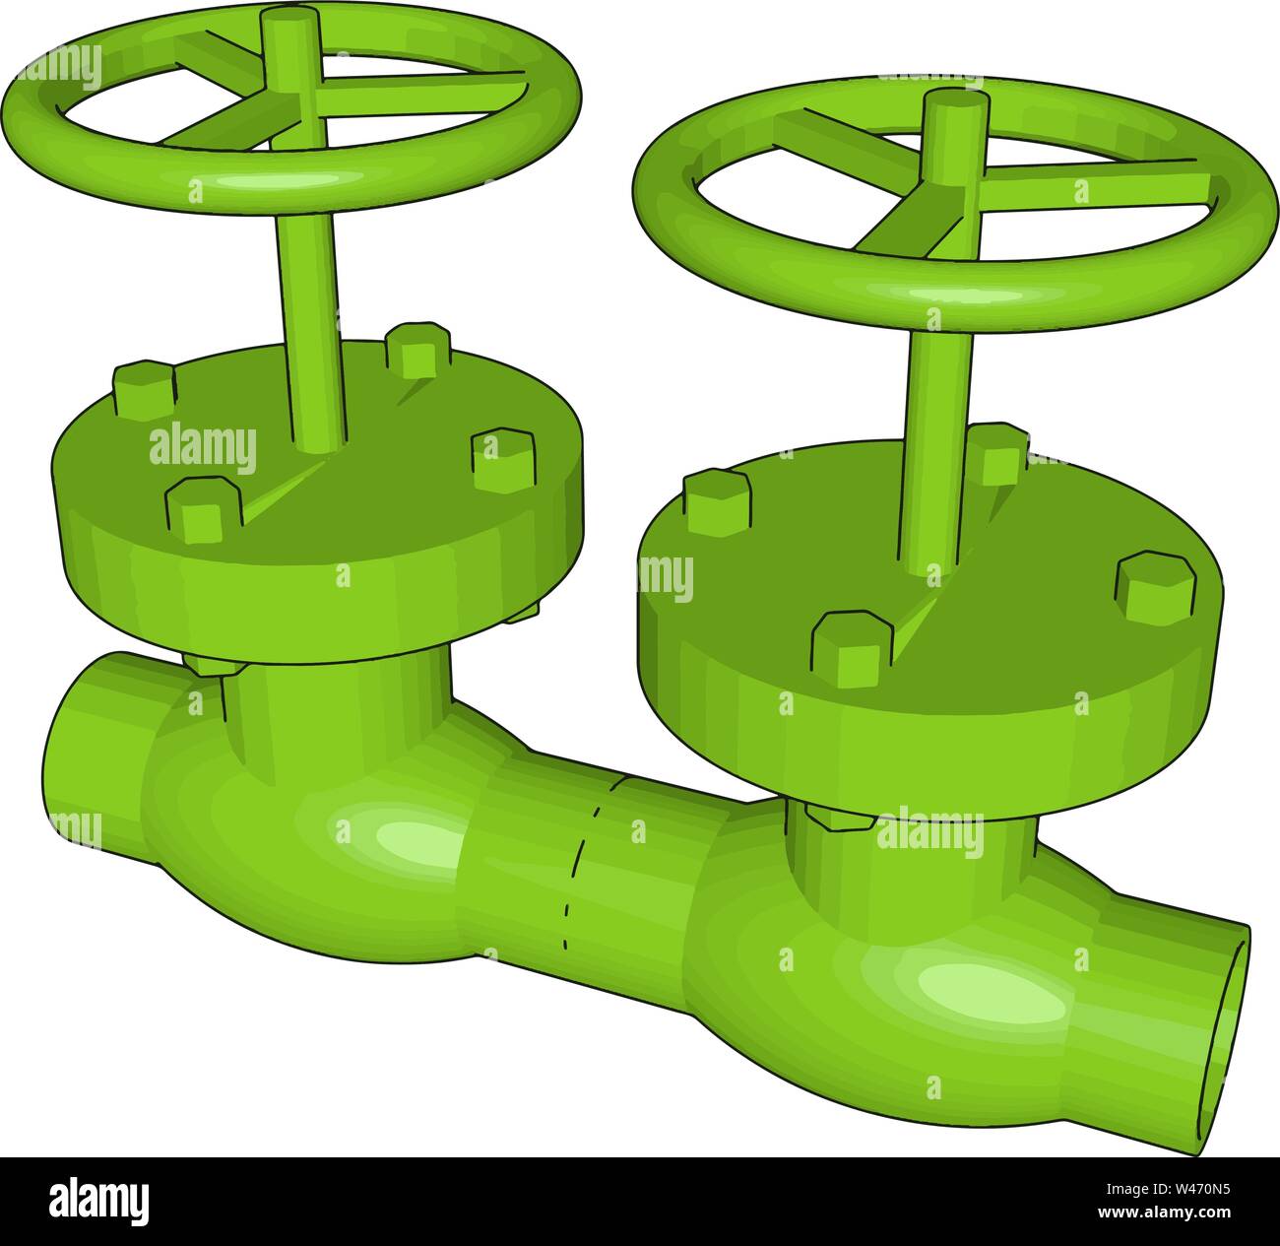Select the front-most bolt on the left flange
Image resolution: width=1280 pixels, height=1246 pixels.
click(x=204, y=509)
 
